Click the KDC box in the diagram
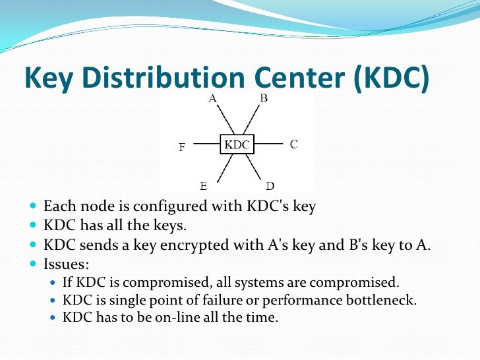coord(236,144)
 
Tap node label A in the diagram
coord(212,99)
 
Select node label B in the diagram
coord(263,99)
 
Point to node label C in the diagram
coord(294,144)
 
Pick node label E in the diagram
coord(204,185)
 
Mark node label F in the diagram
coord(181,148)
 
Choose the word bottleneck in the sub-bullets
coord(385,300)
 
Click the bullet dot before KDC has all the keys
coord(34,225)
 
